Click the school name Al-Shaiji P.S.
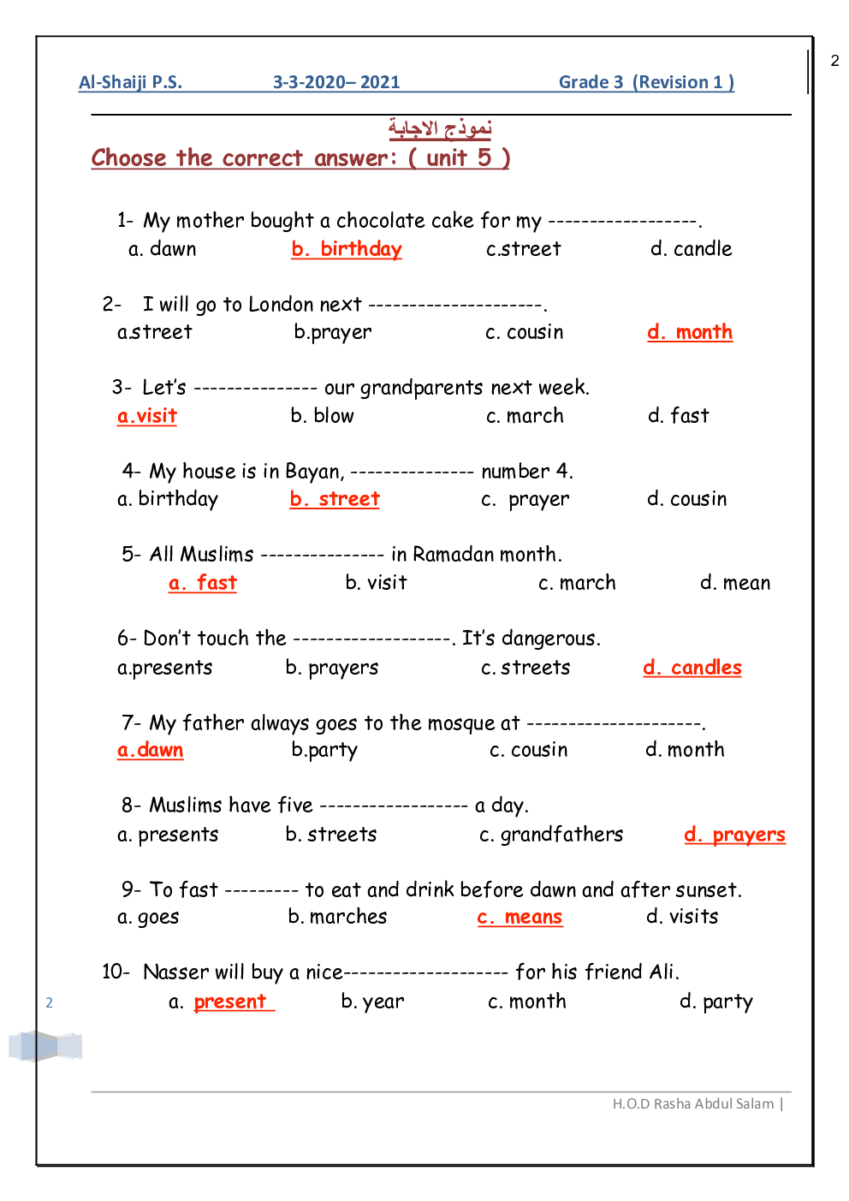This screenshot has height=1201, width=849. (x=130, y=82)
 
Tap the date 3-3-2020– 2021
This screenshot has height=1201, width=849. (x=336, y=82)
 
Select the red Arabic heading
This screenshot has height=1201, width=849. (x=440, y=128)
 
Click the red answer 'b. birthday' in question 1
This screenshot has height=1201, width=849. (x=347, y=249)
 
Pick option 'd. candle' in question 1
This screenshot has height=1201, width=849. (x=691, y=249)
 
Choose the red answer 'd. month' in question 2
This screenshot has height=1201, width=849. (x=690, y=332)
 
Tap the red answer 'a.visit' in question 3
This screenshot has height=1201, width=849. (x=147, y=416)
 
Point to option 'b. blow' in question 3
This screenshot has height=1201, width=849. (x=322, y=416)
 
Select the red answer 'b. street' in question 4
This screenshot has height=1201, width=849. (x=335, y=499)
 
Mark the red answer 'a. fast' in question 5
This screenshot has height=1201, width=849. (x=203, y=583)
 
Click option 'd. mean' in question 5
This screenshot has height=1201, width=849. (x=735, y=583)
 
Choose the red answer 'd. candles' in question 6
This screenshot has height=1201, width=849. (x=692, y=668)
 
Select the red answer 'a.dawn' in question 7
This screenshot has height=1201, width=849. (x=151, y=750)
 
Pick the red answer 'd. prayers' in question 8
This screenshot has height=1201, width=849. (x=734, y=835)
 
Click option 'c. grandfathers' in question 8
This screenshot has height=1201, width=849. (x=551, y=835)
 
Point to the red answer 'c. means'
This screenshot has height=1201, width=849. (x=519, y=917)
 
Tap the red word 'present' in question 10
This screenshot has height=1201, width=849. (x=230, y=1002)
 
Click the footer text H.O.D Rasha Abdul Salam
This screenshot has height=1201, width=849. (x=693, y=1103)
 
